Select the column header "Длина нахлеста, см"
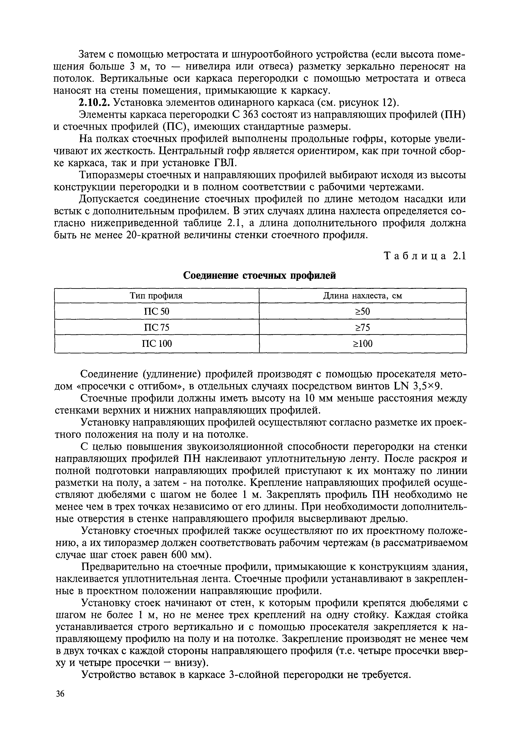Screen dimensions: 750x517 click(x=363, y=296)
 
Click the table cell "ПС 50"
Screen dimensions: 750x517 click(x=157, y=311)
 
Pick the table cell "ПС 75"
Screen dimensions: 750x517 click(x=157, y=328)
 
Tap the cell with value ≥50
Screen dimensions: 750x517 click(x=363, y=311)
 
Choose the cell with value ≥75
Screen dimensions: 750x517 click(x=363, y=328)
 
